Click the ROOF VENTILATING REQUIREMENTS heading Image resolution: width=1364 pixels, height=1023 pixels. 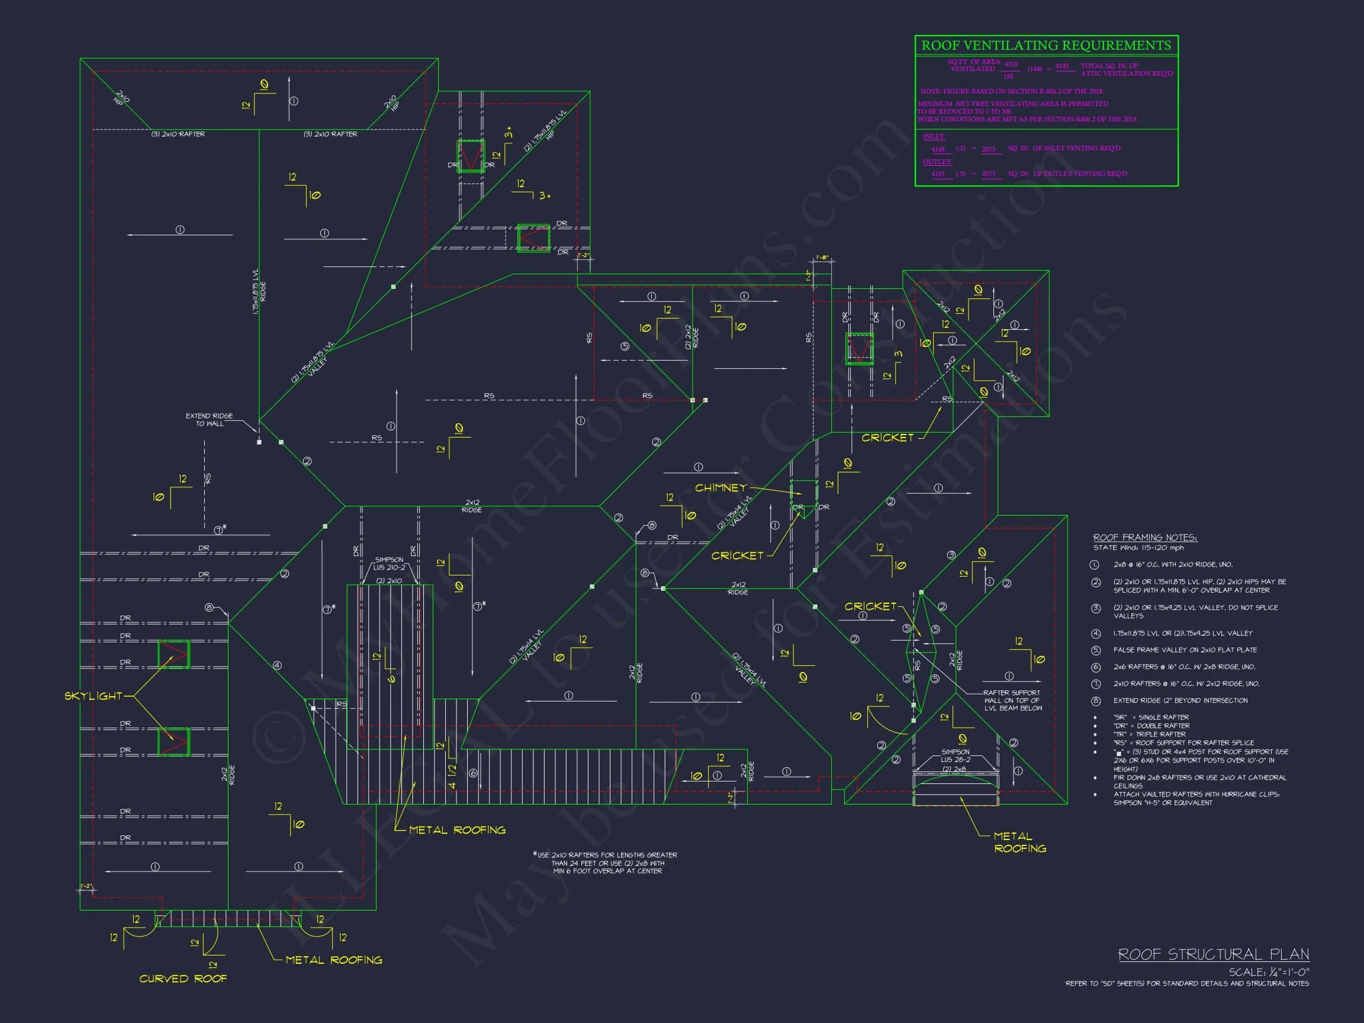click(x=1046, y=46)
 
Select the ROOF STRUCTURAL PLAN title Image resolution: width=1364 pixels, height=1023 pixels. click(x=1213, y=954)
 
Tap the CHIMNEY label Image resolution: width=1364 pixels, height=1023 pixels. click(x=720, y=488)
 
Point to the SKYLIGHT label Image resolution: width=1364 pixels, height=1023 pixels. click(x=94, y=696)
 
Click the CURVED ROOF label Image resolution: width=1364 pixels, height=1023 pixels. click(x=183, y=979)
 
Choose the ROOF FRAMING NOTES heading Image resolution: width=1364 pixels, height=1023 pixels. click(x=1145, y=538)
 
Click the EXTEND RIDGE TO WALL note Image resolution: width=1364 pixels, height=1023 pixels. click(x=209, y=419)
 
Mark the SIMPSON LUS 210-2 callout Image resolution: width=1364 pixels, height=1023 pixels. click(x=390, y=564)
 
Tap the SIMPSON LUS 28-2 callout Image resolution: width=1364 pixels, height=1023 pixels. click(x=955, y=756)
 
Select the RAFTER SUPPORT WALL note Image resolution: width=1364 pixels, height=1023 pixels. click(x=1012, y=700)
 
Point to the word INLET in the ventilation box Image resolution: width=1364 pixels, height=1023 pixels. click(x=934, y=136)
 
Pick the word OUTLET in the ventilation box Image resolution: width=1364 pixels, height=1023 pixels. click(x=937, y=162)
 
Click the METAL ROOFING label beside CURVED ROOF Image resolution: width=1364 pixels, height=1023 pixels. click(x=334, y=960)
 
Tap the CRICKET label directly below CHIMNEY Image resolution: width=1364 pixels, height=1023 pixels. click(x=737, y=555)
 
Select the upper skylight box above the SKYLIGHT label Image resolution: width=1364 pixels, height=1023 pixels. click(x=173, y=654)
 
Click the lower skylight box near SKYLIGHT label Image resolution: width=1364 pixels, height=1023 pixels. click(x=173, y=741)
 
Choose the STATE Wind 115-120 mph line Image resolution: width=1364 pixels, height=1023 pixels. click(x=1138, y=548)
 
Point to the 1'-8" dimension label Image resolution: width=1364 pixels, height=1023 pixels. click(x=822, y=257)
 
